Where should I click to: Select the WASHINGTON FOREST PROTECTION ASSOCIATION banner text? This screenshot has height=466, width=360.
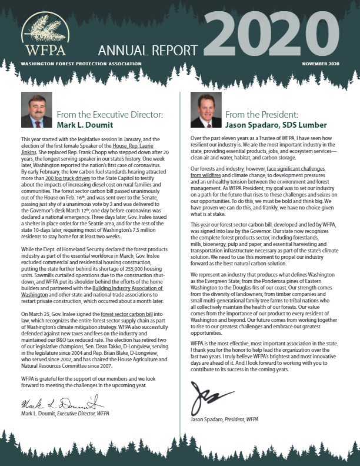pyautogui.click(x=80, y=64)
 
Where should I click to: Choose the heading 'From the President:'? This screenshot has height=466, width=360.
pyautogui.click(x=254, y=115)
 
